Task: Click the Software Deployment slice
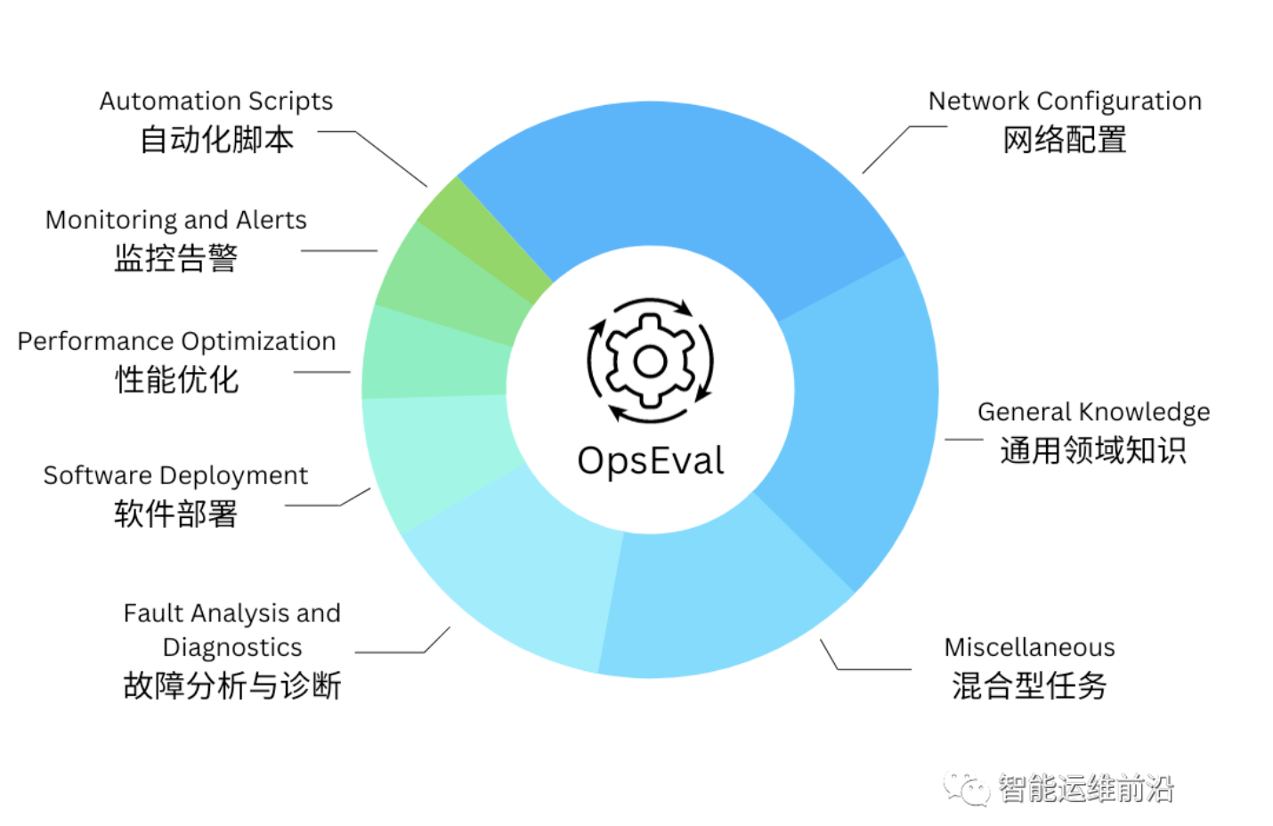pyautogui.click(x=436, y=454)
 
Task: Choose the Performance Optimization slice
pyautogui.click(x=436, y=356)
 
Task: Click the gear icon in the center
pyautogui.click(x=650, y=360)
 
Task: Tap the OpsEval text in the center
pyautogui.click(x=650, y=461)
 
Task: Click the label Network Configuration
pyautogui.click(x=1065, y=101)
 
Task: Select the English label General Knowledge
pyautogui.click(x=1093, y=412)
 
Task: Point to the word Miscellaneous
pyautogui.click(x=1029, y=647)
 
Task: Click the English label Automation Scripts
pyautogui.click(x=216, y=101)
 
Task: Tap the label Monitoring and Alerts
pyautogui.click(x=176, y=220)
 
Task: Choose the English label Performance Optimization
pyautogui.click(x=176, y=342)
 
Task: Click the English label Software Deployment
pyautogui.click(x=176, y=476)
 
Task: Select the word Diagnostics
pyautogui.click(x=232, y=647)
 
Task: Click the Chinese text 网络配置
pyautogui.click(x=1065, y=140)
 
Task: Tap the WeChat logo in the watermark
pyautogui.click(x=967, y=788)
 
